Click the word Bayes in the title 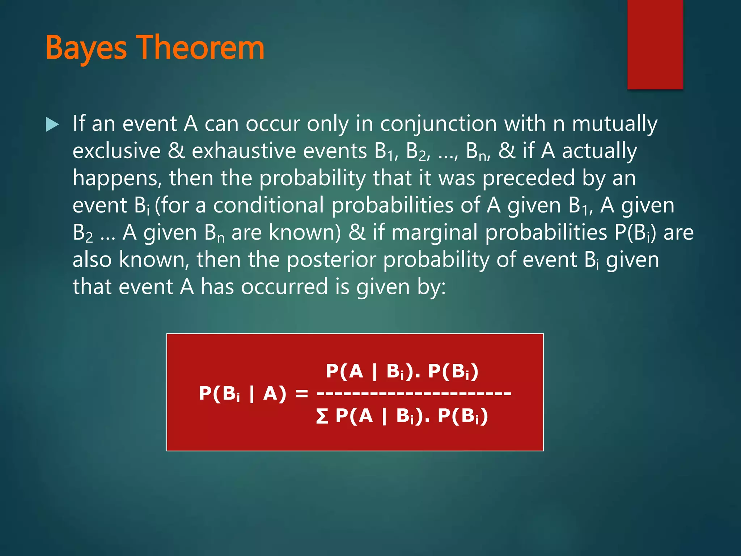pyautogui.click(x=86, y=48)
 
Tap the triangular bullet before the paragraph pyautogui.click(x=52, y=125)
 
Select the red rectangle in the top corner pyautogui.click(x=655, y=44)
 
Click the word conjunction pyautogui.click(x=438, y=124)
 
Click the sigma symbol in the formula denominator pyautogui.click(x=322, y=416)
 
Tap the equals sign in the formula pyautogui.click(x=301, y=393)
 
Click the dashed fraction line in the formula pyautogui.click(x=414, y=393)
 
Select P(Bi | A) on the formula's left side pyautogui.click(x=242, y=393)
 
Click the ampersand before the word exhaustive pyautogui.click(x=176, y=151)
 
